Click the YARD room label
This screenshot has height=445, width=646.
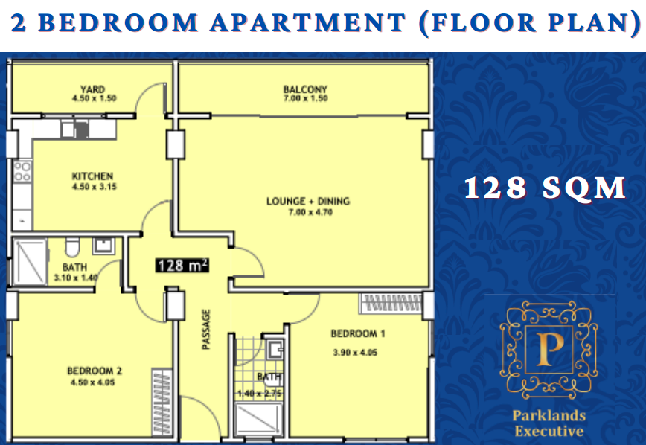(93, 89)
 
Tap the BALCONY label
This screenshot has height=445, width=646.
(305, 89)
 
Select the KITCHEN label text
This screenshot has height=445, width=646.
(93, 176)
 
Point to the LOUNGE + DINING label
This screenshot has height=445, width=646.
(308, 202)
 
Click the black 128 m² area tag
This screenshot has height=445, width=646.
(182, 266)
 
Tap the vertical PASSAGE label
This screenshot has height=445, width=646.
(206, 329)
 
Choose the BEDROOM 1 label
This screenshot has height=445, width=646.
(358, 333)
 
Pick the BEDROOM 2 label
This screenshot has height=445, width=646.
(95, 371)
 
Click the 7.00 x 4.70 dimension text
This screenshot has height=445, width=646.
(310, 212)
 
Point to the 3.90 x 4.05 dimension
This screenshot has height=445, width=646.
(355, 352)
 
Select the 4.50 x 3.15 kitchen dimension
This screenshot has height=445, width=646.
(95, 187)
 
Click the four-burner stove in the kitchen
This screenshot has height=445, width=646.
(22, 172)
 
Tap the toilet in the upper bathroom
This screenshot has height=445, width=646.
(72, 247)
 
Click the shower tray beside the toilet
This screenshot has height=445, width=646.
(30, 261)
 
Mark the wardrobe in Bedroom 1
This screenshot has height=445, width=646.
(391, 304)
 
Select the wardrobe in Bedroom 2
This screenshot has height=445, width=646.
(161, 403)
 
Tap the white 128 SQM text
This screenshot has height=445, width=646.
(545, 188)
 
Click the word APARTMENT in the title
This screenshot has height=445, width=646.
(308, 22)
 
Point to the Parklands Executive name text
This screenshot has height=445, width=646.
(549, 423)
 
